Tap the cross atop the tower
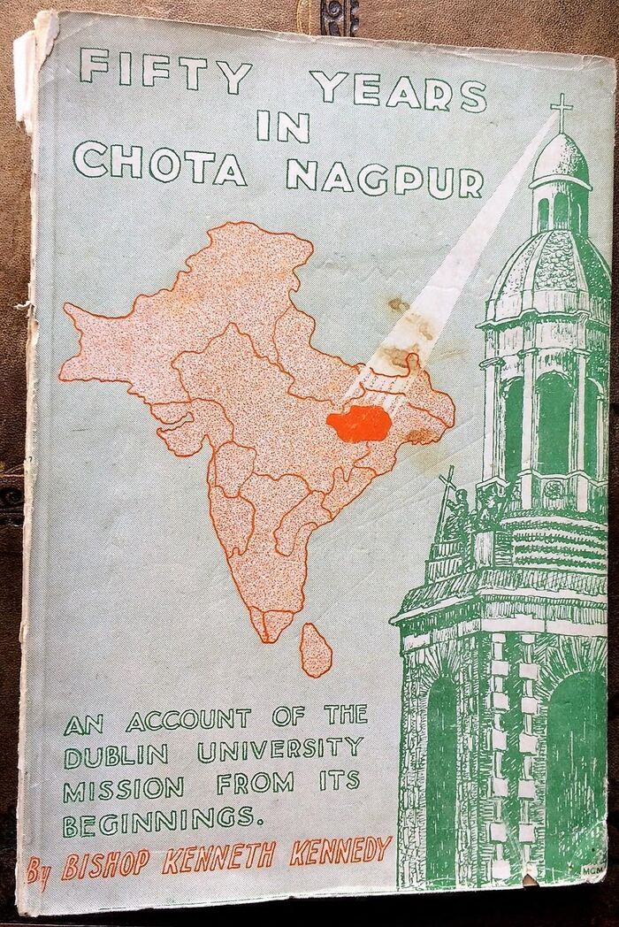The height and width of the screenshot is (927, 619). pyautogui.click(x=560, y=111)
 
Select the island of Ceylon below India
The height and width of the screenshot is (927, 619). pyautogui.click(x=316, y=648)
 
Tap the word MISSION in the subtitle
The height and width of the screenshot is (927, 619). pyautogui.click(x=123, y=786)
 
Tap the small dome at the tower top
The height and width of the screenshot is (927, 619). pyautogui.click(x=560, y=160)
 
